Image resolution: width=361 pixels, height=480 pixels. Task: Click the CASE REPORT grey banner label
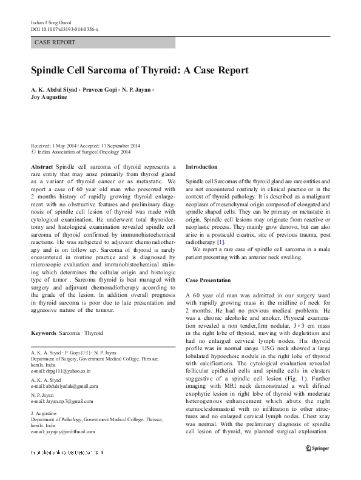(55, 42)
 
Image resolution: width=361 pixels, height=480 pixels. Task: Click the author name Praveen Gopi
(104, 89)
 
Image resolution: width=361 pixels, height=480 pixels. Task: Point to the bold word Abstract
(41, 166)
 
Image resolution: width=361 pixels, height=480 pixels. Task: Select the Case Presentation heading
(208, 280)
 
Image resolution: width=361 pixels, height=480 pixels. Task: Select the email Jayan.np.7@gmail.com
(65, 401)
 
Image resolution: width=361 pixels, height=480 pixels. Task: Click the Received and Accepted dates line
(86, 146)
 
